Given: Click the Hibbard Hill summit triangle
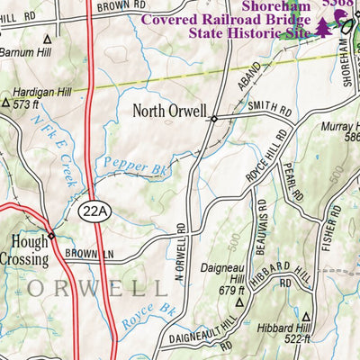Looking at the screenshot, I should tap(305, 317).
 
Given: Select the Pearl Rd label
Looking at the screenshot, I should tap(288, 182).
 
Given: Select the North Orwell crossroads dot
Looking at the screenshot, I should tap(214, 118).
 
